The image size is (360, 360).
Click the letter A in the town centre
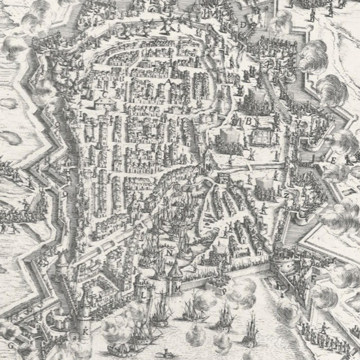168,83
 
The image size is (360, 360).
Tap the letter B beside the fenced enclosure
248,121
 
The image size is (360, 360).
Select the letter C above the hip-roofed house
105,94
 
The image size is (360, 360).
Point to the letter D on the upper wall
243,24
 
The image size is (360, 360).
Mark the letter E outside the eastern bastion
333,160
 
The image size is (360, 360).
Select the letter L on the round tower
143,295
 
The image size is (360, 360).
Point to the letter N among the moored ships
168,253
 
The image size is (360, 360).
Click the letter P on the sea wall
225,291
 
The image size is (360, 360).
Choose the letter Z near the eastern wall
286,196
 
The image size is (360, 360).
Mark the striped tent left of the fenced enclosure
226,137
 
